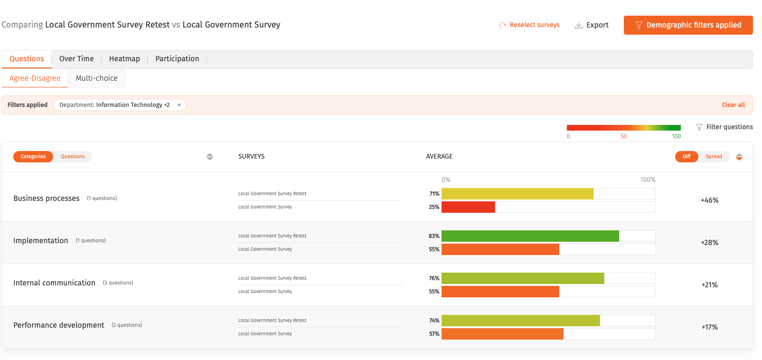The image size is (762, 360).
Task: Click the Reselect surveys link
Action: point(529,25)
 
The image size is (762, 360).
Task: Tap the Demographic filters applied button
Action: point(688,25)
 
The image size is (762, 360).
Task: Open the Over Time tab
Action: point(76,58)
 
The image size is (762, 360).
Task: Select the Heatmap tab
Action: point(124,58)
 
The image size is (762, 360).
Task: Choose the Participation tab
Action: point(177,58)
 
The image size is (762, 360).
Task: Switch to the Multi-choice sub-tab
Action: point(96,78)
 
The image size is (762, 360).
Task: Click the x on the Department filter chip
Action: point(179,105)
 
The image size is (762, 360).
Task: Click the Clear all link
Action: point(733,105)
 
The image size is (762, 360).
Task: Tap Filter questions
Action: point(724,127)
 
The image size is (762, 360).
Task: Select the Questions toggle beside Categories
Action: point(73,157)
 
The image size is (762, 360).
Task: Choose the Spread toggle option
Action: point(714,157)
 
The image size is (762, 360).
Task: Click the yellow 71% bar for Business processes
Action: point(517,194)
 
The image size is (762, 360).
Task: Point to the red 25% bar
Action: point(468,207)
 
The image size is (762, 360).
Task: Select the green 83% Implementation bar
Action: point(530,236)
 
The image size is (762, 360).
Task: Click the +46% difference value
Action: point(710,200)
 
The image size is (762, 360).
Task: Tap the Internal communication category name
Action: point(55,283)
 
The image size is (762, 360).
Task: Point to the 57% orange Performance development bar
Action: point(502,334)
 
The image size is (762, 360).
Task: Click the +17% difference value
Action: point(710,327)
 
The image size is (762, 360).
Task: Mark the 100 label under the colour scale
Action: point(676,136)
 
